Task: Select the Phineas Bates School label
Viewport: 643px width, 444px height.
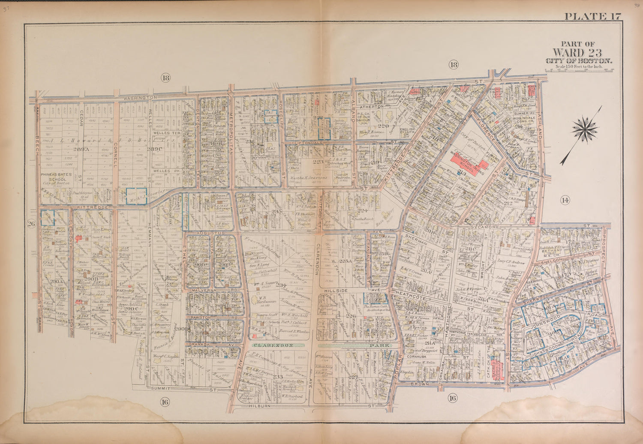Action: (54, 177)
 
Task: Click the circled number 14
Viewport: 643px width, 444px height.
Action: (565, 199)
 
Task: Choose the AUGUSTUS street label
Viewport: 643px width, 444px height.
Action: (200, 232)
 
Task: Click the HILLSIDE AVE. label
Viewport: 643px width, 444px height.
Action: (335, 290)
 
